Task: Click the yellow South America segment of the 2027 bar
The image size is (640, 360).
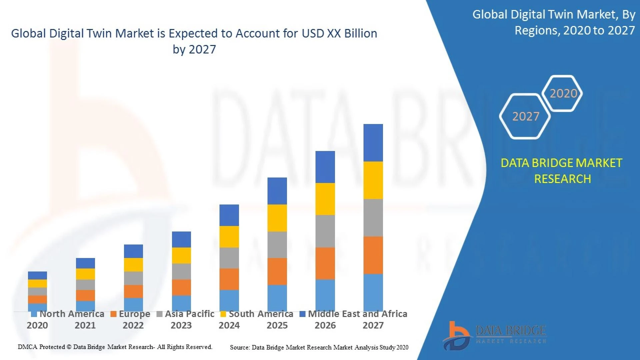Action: [373, 180]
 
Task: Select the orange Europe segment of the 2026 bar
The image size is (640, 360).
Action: [325, 263]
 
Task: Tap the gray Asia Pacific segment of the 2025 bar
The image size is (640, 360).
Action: [277, 245]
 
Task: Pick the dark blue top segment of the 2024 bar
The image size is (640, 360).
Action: [229, 215]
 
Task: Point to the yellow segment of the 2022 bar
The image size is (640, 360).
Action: [133, 265]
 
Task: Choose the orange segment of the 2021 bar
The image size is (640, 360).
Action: [85, 295]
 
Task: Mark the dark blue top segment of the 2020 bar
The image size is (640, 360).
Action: [37, 275]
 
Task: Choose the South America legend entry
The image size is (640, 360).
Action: [257, 314]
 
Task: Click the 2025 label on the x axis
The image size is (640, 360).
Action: [277, 325]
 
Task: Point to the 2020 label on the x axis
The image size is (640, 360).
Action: [37, 325]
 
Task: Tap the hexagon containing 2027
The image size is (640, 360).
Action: [525, 116]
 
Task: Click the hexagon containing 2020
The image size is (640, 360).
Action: [563, 93]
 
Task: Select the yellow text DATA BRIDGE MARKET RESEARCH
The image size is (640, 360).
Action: [562, 171]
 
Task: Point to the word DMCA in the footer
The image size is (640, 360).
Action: [27, 347]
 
